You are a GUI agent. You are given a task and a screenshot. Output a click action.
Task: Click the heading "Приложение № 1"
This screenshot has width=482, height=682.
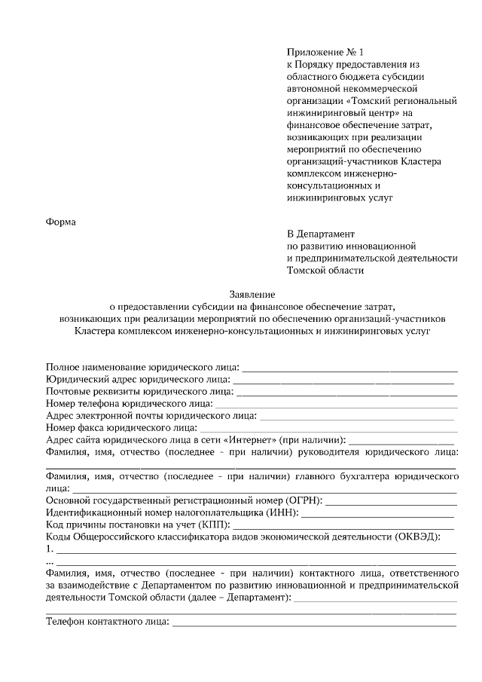tap(325, 53)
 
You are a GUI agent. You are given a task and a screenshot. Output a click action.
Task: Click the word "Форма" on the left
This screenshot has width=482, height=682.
tap(62, 222)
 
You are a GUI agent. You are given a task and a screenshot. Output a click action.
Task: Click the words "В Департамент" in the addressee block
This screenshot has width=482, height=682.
tap(321, 234)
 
